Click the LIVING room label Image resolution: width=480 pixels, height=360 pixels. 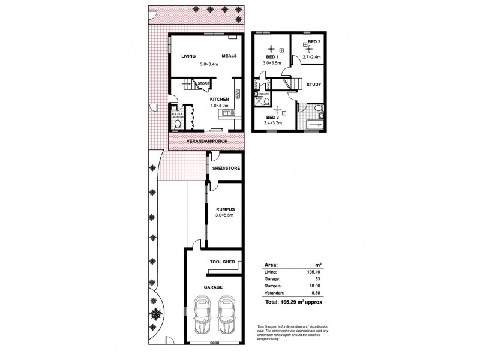tap(190, 56)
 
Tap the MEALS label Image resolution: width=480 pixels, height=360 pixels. tap(229, 56)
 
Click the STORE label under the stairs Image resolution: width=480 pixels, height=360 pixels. tap(203, 83)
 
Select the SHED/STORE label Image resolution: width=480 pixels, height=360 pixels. tap(226, 169)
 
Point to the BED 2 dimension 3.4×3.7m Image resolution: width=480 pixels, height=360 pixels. tap(272, 123)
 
